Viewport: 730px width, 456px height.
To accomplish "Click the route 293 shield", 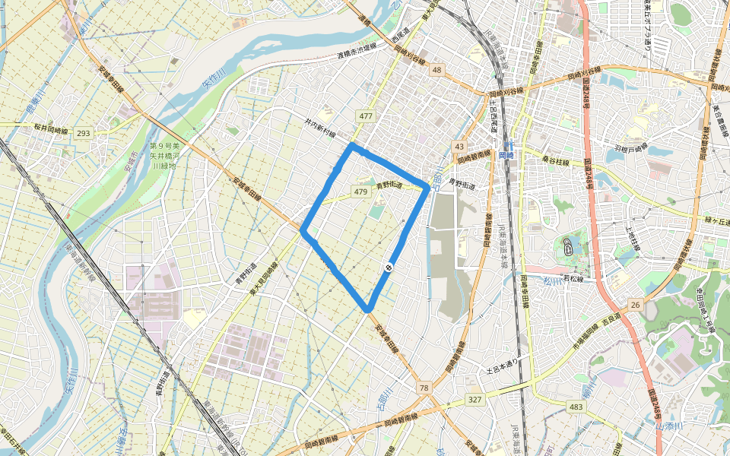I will click(83, 133).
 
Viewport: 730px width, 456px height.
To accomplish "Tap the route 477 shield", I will click(366, 116).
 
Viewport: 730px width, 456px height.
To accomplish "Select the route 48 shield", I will click(436, 70).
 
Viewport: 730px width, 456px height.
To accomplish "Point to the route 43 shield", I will click(459, 146).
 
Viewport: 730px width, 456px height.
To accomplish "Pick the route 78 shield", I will click(424, 388).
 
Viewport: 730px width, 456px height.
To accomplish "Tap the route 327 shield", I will click(474, 399).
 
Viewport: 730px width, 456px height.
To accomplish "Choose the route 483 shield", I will click(576, 408).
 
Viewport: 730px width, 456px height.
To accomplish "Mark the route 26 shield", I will click(635, 305).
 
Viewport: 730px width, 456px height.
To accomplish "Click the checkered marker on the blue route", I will click(389, 267).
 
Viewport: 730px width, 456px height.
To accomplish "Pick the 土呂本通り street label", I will click(501, 370).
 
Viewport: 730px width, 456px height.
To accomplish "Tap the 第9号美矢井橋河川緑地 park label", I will click(162, 155).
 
